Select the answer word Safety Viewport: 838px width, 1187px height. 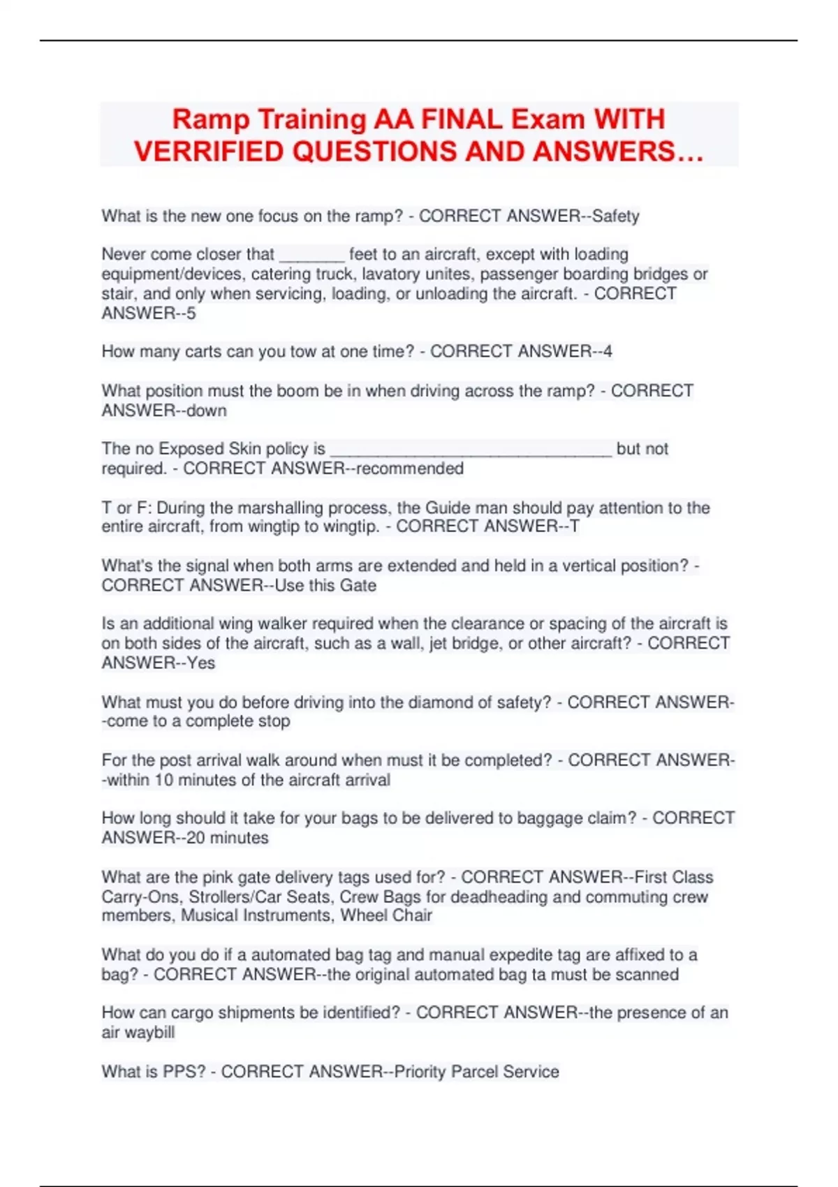615,216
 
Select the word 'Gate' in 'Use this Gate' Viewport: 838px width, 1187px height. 358,585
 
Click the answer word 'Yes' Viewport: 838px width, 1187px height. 201,663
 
